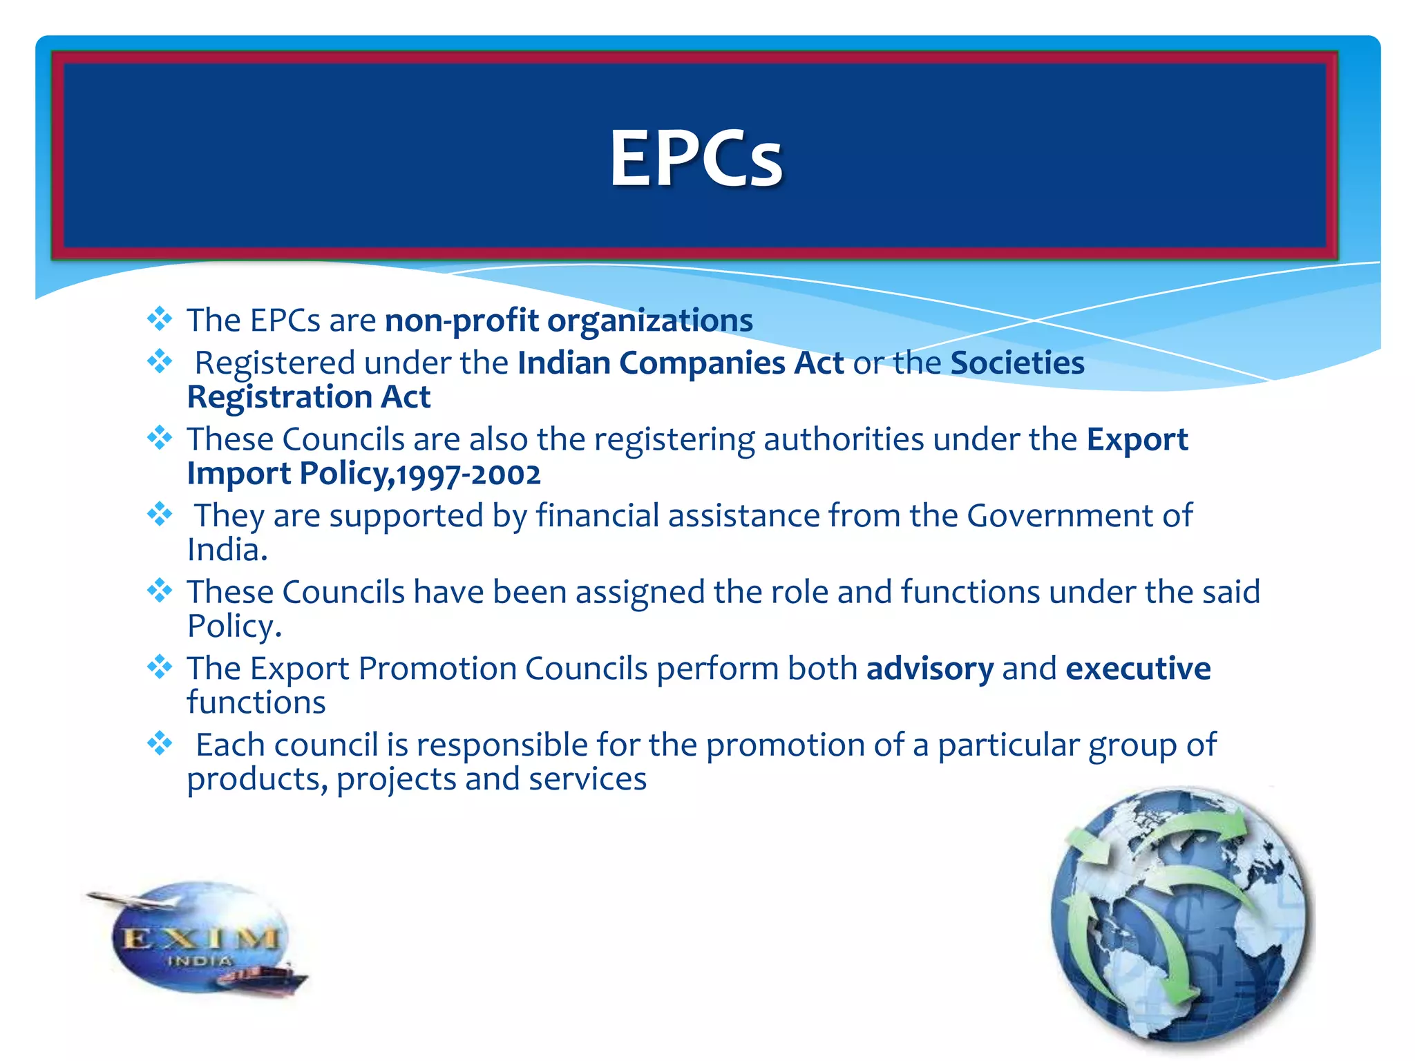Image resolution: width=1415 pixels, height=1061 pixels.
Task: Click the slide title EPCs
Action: click(696, 159)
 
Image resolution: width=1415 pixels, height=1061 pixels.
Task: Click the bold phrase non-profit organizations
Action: click(569, 321)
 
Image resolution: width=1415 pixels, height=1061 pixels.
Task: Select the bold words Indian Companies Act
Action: click(681, 363)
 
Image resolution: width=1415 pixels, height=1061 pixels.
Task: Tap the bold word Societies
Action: click(1017, 363)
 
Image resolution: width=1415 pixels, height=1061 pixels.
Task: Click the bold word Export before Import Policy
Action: click(1137, 439)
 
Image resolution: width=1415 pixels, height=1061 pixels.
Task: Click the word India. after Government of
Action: click(227, 551)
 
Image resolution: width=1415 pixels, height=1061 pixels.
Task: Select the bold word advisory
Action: click(929, 669)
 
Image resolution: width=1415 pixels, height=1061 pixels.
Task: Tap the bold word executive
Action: click(1138, 669)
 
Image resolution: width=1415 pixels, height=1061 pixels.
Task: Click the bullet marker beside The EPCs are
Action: click(160, 318)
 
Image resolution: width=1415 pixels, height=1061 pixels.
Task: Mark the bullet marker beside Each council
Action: click(160, 743)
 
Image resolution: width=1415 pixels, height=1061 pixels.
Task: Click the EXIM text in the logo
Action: click(200, 939)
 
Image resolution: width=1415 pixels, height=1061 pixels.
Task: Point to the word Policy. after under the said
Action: click(234, 627)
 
